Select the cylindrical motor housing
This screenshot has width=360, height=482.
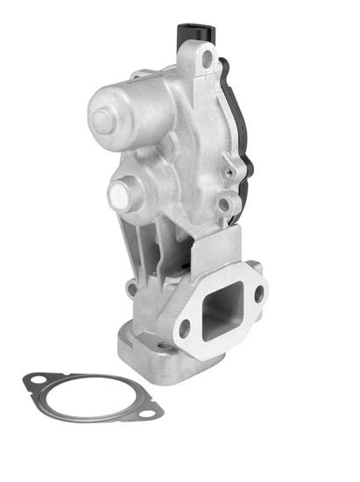click(x=131, y=110)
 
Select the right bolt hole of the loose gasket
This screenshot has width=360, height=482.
click(x=149, y=411)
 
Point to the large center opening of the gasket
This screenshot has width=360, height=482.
click(x=91, y=395)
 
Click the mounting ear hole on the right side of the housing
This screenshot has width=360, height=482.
click(x=225, y=205)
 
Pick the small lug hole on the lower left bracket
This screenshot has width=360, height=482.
click(x=131, y=287)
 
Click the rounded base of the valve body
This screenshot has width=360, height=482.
click(x=145, y=346)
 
